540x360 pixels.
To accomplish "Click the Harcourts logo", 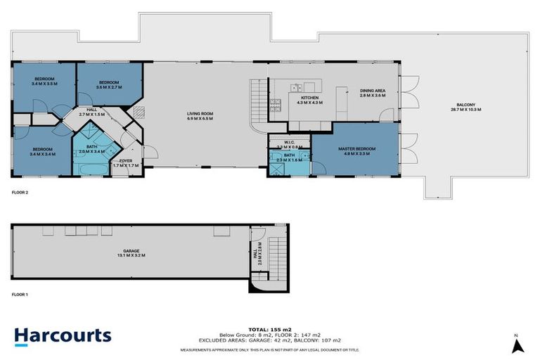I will (63, 335).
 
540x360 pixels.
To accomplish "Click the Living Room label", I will (200, 117).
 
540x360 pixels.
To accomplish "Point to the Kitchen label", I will (311, 100).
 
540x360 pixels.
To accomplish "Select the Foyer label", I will (126, 163).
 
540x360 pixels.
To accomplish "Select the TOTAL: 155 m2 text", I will (269, 328).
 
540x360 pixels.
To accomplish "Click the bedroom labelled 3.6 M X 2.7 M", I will (110, 86).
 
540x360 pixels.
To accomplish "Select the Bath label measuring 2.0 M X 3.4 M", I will (91, 148).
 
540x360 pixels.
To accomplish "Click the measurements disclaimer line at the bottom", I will (269, 349).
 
